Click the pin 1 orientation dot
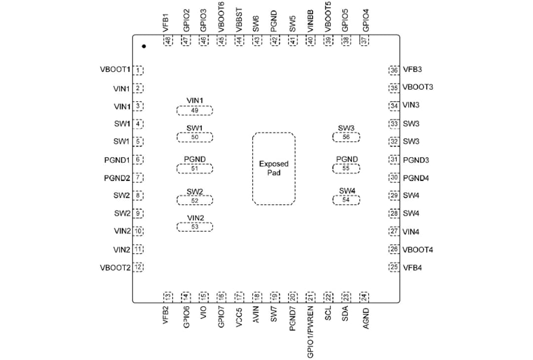pos(144,46)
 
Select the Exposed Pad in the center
pos(274,168)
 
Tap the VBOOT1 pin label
pos(115,70)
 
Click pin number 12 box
pos(139,268)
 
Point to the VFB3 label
pos(413,70)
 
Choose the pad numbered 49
pos(194,110)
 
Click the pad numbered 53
pos(194,227)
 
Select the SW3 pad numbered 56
pos(346,137)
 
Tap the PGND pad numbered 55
pos(346,168)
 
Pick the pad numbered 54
pos(346,200)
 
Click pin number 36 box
pos(394,70)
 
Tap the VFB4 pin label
pos(413,268)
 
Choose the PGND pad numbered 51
pos(194,168)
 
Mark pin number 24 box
pos(365,296)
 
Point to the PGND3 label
pos(416,160)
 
